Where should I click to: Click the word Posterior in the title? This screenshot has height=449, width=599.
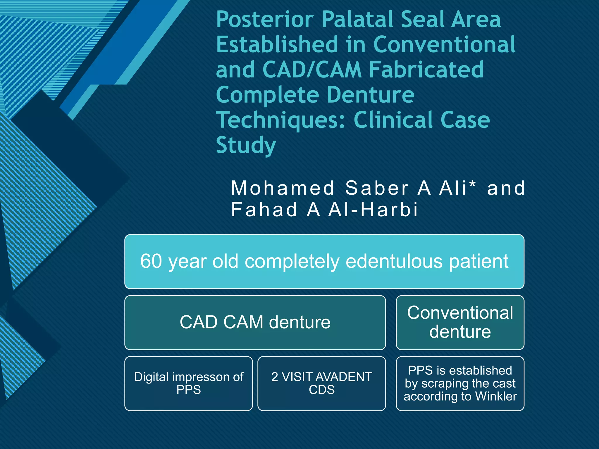click(265, 20)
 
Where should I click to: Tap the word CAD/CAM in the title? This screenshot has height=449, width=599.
click(312, 70)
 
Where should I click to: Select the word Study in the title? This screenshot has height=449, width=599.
click(246, 145)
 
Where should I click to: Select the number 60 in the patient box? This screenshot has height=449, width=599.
click(151, 261)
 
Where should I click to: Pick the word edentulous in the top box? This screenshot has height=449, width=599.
click(394, 261)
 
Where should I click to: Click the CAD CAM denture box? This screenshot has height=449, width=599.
click(255, 322)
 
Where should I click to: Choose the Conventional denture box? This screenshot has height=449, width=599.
click(460, 322)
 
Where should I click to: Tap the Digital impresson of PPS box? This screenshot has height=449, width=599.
click(189, 383)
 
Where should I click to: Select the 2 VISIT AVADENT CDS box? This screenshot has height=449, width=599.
click(321, 383)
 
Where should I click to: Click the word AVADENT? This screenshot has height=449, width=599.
click(341, 377)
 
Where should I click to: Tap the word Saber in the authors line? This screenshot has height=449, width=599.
click(377, 188)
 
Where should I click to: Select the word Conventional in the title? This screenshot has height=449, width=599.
click(444, 45)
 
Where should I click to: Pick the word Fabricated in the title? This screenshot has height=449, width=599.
click(426, 70)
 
